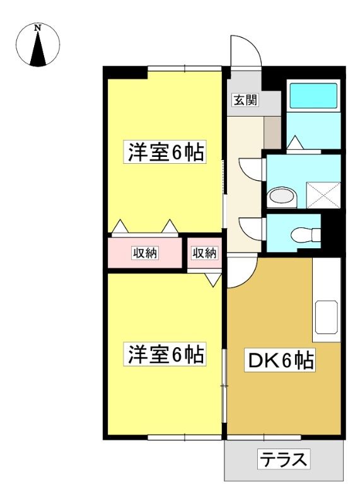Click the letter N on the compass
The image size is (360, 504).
[38, 28]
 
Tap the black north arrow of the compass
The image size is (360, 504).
[38, 49]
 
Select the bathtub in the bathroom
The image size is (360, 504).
[314, 96]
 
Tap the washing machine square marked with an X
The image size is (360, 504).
[323, 195]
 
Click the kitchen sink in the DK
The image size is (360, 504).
[326, 318]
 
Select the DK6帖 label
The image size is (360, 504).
[280, 361]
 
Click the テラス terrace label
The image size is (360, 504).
[284, 460]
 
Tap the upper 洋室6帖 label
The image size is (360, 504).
[165, 152]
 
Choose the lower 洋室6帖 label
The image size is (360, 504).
[165, 354]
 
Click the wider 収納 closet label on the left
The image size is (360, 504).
[146, 253]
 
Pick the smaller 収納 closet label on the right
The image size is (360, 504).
[205, 253]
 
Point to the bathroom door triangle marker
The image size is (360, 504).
[295, 143]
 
